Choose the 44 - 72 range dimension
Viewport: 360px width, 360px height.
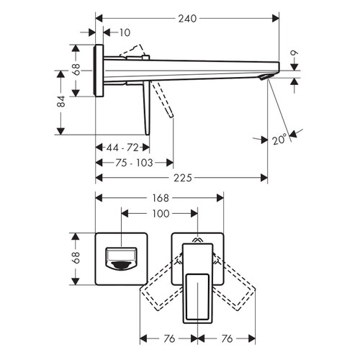coord(122,148)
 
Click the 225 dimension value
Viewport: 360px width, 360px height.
coord(182,177)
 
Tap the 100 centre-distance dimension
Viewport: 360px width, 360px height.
coord(160,214)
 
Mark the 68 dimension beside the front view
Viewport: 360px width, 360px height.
coord(77,257)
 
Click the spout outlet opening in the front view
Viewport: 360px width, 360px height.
coord(120,258)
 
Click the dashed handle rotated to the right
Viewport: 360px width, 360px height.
coord(238,288)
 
